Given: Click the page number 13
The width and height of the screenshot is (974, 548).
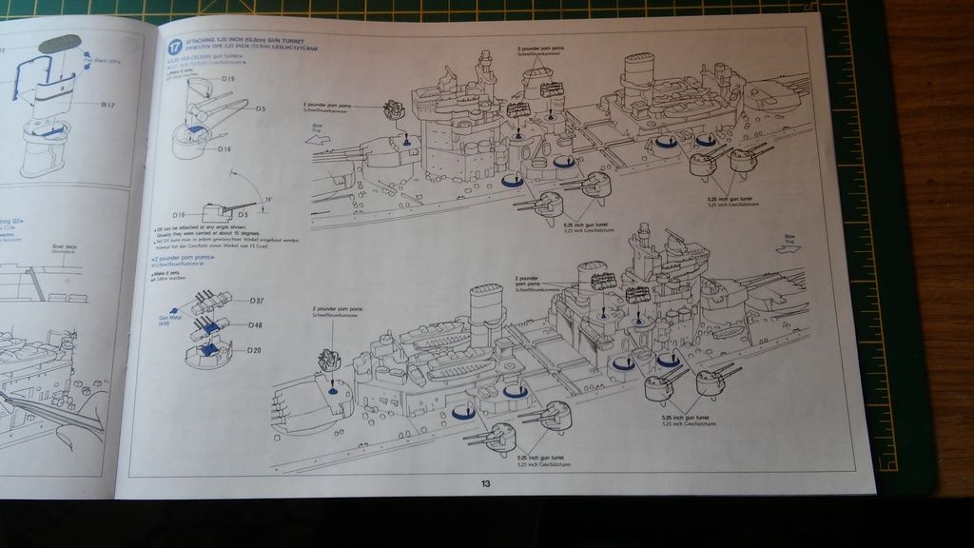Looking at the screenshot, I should pos(485,483).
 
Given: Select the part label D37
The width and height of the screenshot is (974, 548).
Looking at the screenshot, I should pos(256,301).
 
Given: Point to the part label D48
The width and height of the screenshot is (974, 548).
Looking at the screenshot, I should pos(255,325).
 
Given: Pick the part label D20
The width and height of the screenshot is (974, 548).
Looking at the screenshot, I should pos(253,351).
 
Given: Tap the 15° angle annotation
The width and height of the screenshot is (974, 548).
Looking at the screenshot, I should pos(269,198).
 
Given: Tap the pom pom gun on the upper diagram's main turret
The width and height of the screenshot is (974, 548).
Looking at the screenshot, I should pos(395,114).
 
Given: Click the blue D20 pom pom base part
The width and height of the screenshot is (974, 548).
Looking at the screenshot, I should pos(207,352).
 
